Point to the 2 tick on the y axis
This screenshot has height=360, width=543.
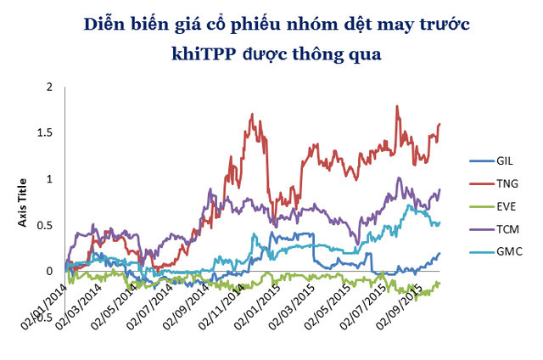click(50, 87)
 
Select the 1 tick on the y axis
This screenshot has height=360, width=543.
click(50, 179)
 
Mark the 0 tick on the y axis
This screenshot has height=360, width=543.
click(50, 271)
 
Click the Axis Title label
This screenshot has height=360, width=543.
click(23, 204)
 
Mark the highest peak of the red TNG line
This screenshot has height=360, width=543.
click(397, 106)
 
